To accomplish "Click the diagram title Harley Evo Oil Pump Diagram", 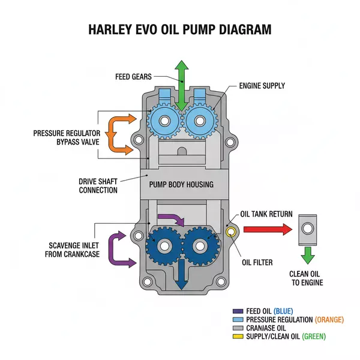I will click(x=180, y=28).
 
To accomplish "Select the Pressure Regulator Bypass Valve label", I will click(x=66, y=137).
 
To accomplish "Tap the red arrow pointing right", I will click(x=266, y=229).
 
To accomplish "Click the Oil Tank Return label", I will click(x=266, y=214).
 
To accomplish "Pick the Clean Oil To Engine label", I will click(x=307, y=278).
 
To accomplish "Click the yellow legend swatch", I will click(x=236, y=337).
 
